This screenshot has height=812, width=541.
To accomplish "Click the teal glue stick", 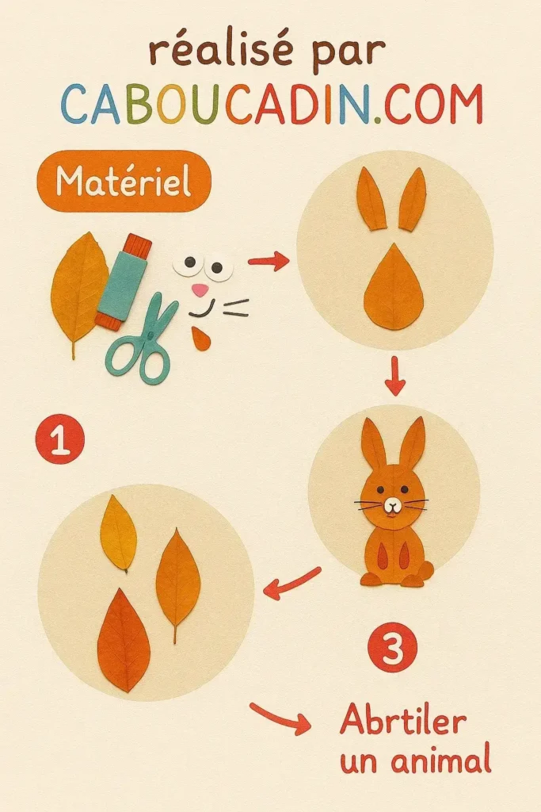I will tap(123, 282).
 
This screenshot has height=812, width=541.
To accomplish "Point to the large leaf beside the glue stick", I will tap(78, 289).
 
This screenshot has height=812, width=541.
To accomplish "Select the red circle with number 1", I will tap(59, 441).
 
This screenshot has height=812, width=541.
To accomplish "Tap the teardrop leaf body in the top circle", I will tap(394, 289).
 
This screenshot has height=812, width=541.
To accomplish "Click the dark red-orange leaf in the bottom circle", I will tap(124, 641).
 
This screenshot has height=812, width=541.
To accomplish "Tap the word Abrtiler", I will tap(402, 721).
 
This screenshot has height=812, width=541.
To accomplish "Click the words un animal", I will tap(415, 761).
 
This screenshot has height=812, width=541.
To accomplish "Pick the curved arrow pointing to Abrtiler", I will tap(281, 717).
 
